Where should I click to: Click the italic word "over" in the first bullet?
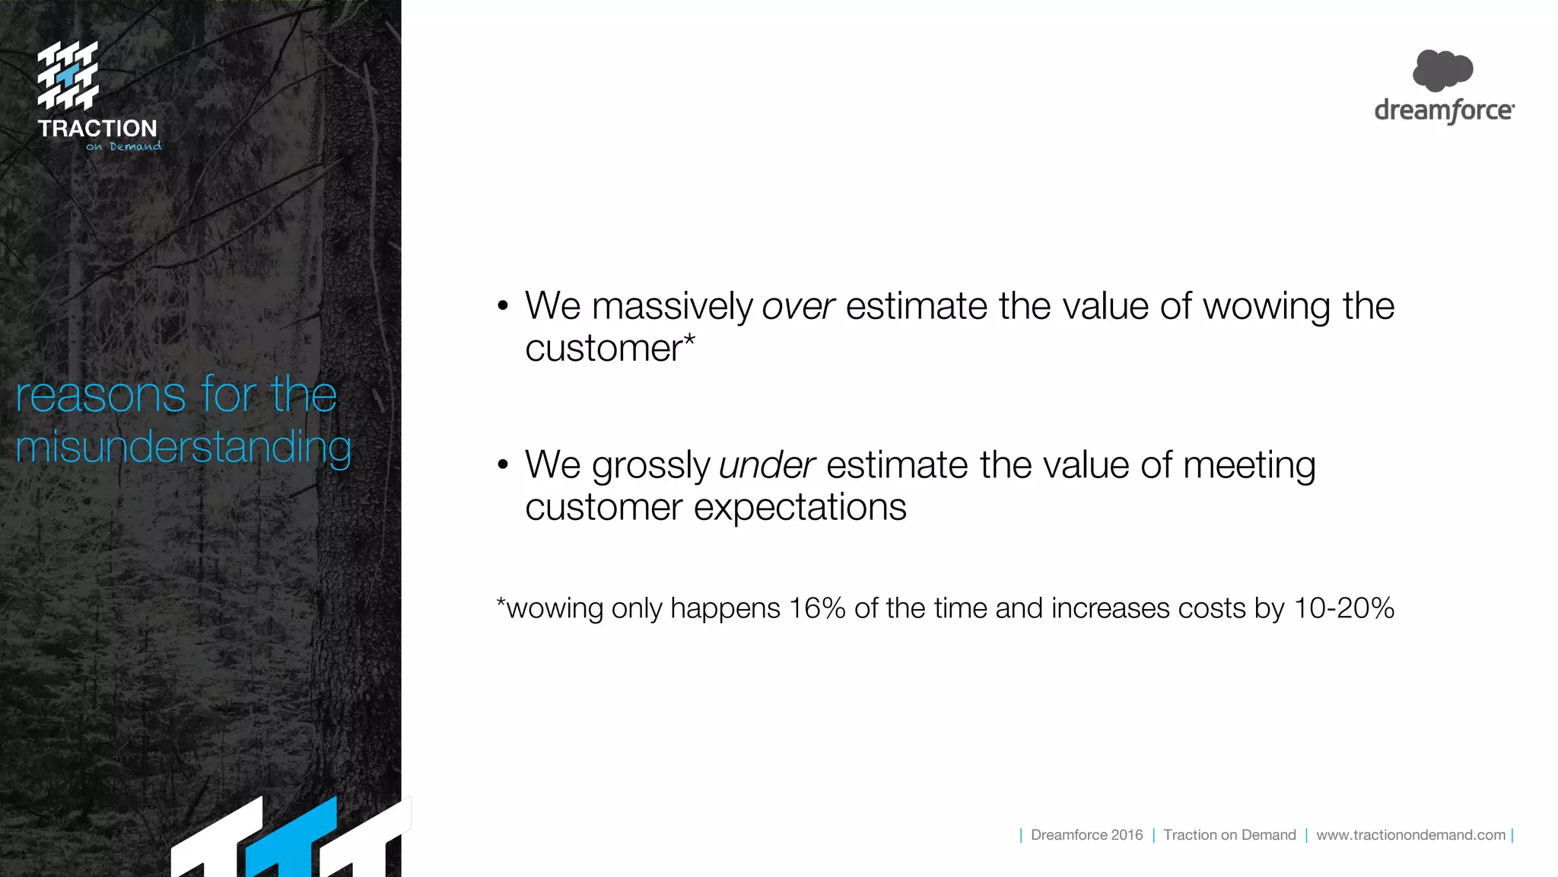point(798,307)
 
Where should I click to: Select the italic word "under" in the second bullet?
point(767,466)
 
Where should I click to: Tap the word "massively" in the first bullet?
point(672,307)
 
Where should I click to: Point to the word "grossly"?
point(651,466)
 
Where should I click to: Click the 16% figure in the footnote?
point(817,608)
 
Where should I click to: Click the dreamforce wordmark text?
point(1444,111)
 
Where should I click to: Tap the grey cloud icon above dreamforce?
point(1442,70)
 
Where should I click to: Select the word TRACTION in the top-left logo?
point(97,129)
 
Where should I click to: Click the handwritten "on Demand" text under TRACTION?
point(124,146)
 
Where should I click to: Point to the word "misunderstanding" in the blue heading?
point(183,447)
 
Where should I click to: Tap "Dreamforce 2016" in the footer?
point(1086,835)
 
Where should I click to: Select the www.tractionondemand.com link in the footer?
point(1410,835)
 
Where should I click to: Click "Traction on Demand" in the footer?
point(1229,835)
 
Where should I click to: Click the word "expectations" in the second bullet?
point(800,507)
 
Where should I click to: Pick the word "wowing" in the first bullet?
point(1267,307)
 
